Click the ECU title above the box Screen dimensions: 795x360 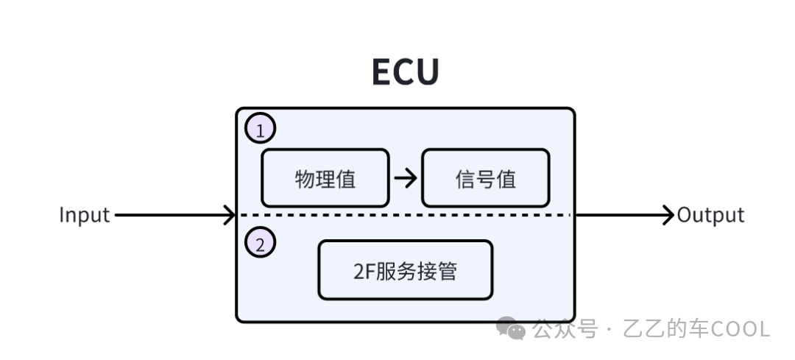click(405, 72)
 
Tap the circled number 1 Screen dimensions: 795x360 click(260, 128)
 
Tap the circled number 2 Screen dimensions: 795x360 click(260, 242)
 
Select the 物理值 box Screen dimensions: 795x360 click(325, 178)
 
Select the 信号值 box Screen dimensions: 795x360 click(486, 178)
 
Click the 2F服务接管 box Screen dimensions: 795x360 click(405, 270)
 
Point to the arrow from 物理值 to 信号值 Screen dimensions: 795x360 click(406, 178)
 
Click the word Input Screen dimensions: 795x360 click(84, 216)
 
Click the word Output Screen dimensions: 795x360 click(710, 215)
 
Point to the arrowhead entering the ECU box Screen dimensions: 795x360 click(230, 215)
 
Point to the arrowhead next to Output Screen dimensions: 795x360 click(668, 215)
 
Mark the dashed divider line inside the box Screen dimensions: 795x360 click(406, 215)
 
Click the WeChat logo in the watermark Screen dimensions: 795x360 click(511, 328)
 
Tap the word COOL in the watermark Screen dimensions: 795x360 click(741, 329)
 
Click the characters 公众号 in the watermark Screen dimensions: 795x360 click(565, 329)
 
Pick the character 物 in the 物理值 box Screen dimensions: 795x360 click(305, 179)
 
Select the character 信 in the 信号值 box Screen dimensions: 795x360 click(465, 179)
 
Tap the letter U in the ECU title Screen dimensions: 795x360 click(428, 72)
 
